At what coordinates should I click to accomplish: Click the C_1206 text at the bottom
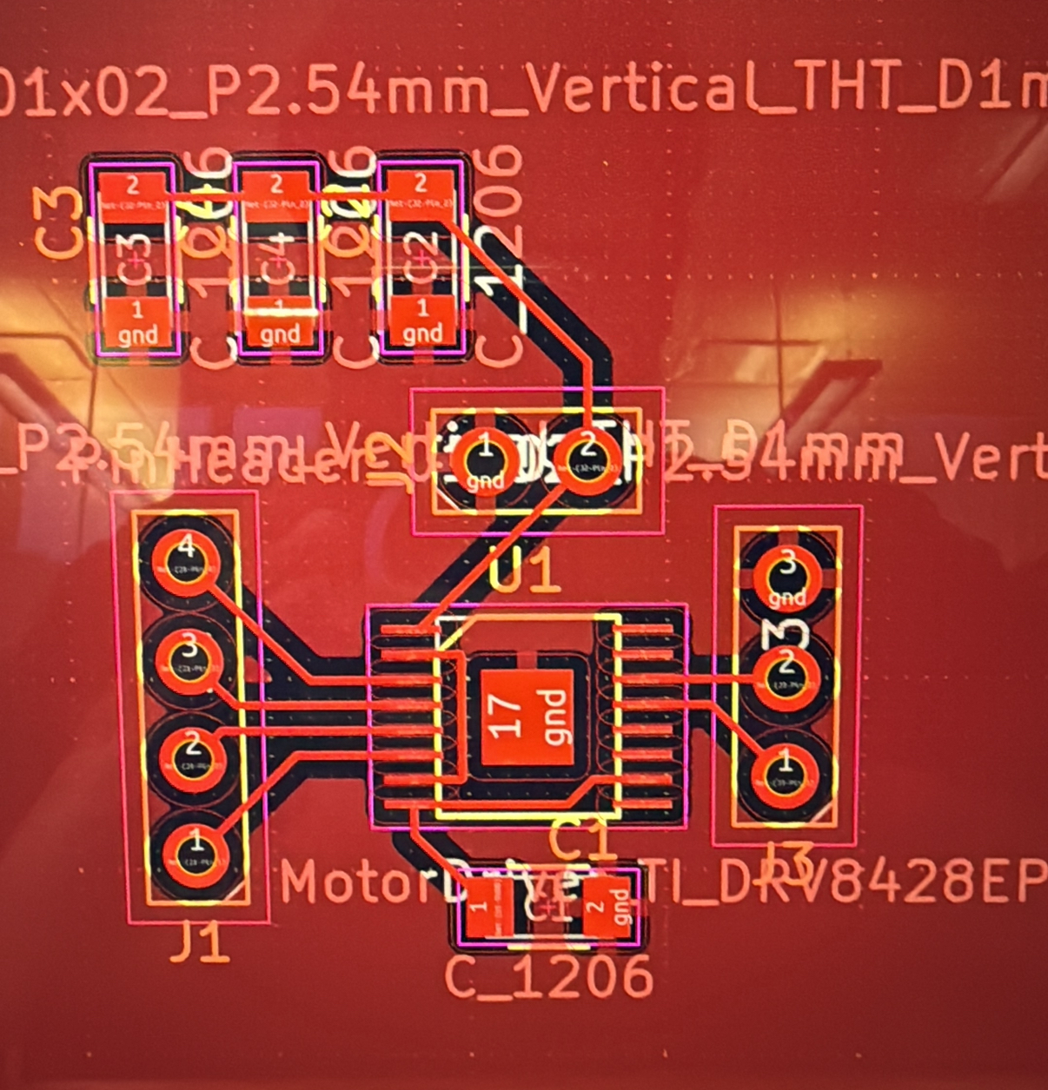[x=548, y=978]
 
